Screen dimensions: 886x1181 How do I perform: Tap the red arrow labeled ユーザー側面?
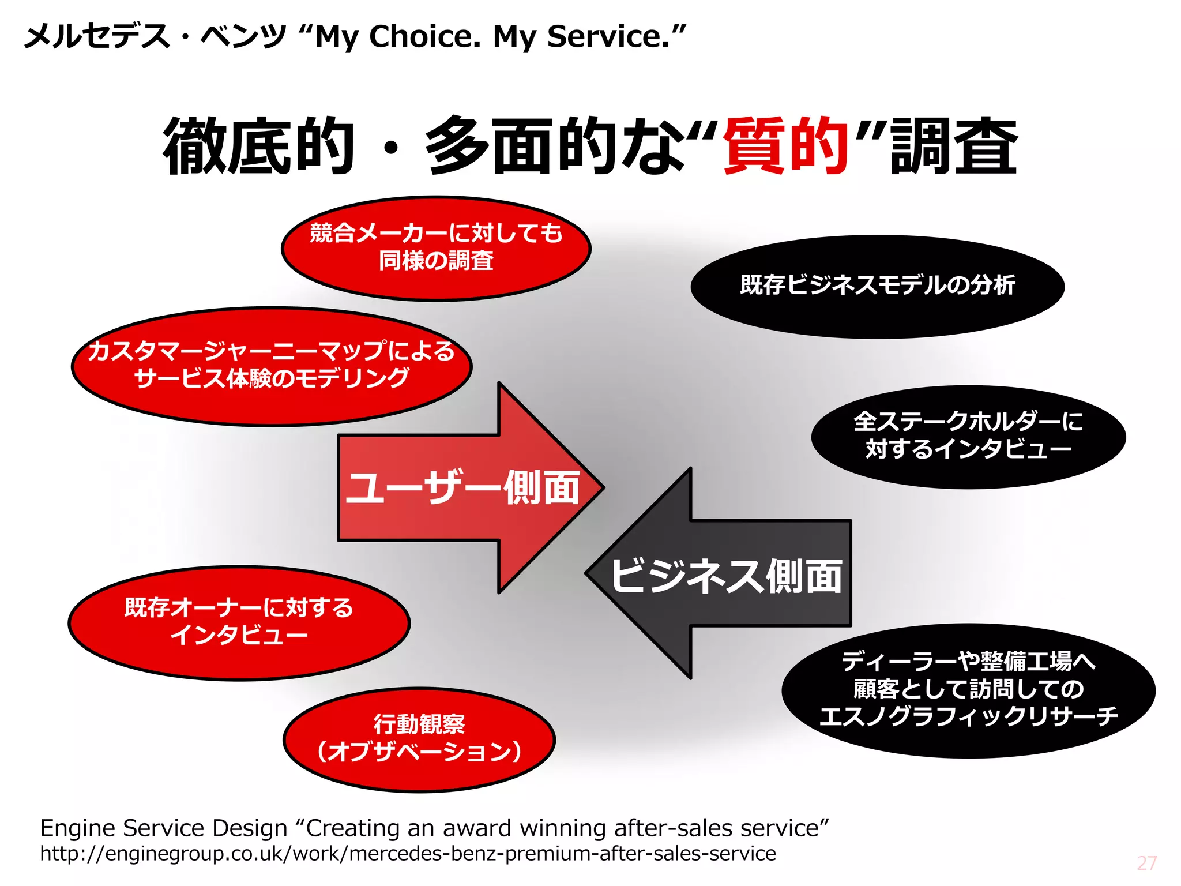461,487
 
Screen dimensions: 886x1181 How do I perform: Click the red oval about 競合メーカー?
436,248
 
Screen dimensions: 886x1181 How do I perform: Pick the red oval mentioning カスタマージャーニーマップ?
271,366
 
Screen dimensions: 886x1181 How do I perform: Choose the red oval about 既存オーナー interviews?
239,622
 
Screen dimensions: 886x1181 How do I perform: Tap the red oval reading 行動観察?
419,739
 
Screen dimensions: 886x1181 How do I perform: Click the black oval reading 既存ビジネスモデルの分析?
877,286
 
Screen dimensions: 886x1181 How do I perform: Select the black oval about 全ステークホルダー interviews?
968,437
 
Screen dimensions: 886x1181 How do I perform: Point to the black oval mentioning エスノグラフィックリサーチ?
968,690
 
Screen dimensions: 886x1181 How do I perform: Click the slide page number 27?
1146,863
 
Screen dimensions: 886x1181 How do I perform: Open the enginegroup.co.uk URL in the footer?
408,854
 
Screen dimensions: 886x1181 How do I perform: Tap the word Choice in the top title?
424,37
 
